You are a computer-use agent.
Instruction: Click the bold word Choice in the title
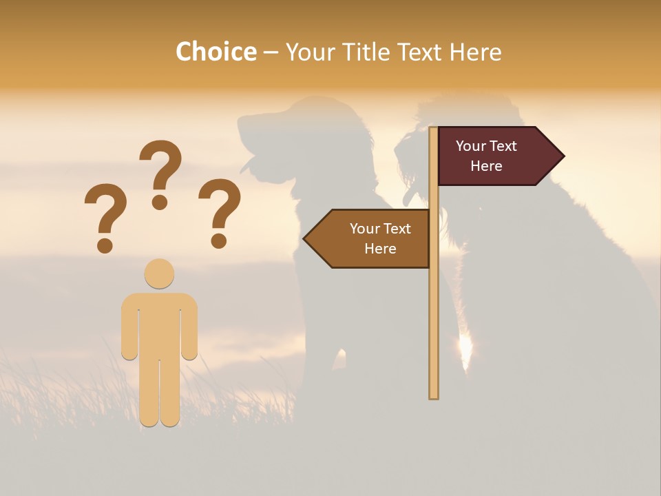click(216, 52)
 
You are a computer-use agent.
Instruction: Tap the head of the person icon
click(159, 273)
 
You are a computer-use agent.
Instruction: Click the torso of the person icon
click(159, 324)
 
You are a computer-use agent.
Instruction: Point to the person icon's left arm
click(129, 327)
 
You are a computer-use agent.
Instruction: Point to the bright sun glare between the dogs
click(465, 348)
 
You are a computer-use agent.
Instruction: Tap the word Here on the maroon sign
click(486, 166)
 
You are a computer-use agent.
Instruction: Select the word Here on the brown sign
click(380, 249)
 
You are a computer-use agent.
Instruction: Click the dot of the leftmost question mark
click(105, 245)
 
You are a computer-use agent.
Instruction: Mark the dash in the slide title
click(271, 52)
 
